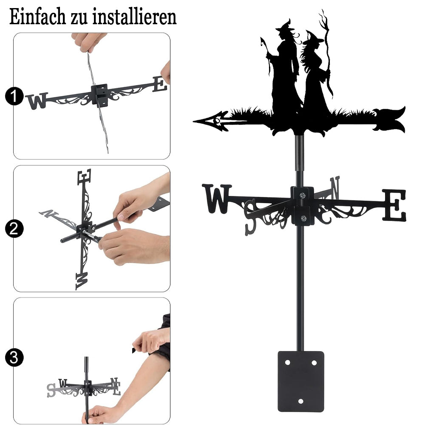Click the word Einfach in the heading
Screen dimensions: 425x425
[x=37, y=17]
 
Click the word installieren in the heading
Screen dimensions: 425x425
[x=134, y=17]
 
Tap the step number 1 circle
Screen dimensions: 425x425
[x=14, y=96]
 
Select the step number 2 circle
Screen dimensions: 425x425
[x=14, y=229]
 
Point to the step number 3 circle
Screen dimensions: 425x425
[x=14, y=357]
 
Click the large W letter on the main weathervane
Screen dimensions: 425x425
[x=217, y=198]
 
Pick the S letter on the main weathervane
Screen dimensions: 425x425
[x=251, y=217]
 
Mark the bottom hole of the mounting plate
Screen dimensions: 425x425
[x=300, y=401]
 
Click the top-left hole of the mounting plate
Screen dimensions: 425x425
[x=287, y=363]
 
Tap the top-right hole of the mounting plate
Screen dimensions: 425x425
[x=314, y=363]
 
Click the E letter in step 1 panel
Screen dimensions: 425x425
[x=160, y=84]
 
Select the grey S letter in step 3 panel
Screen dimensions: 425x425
[x=51, y=391]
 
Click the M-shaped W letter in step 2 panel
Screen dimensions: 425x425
[x=82, y=281]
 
